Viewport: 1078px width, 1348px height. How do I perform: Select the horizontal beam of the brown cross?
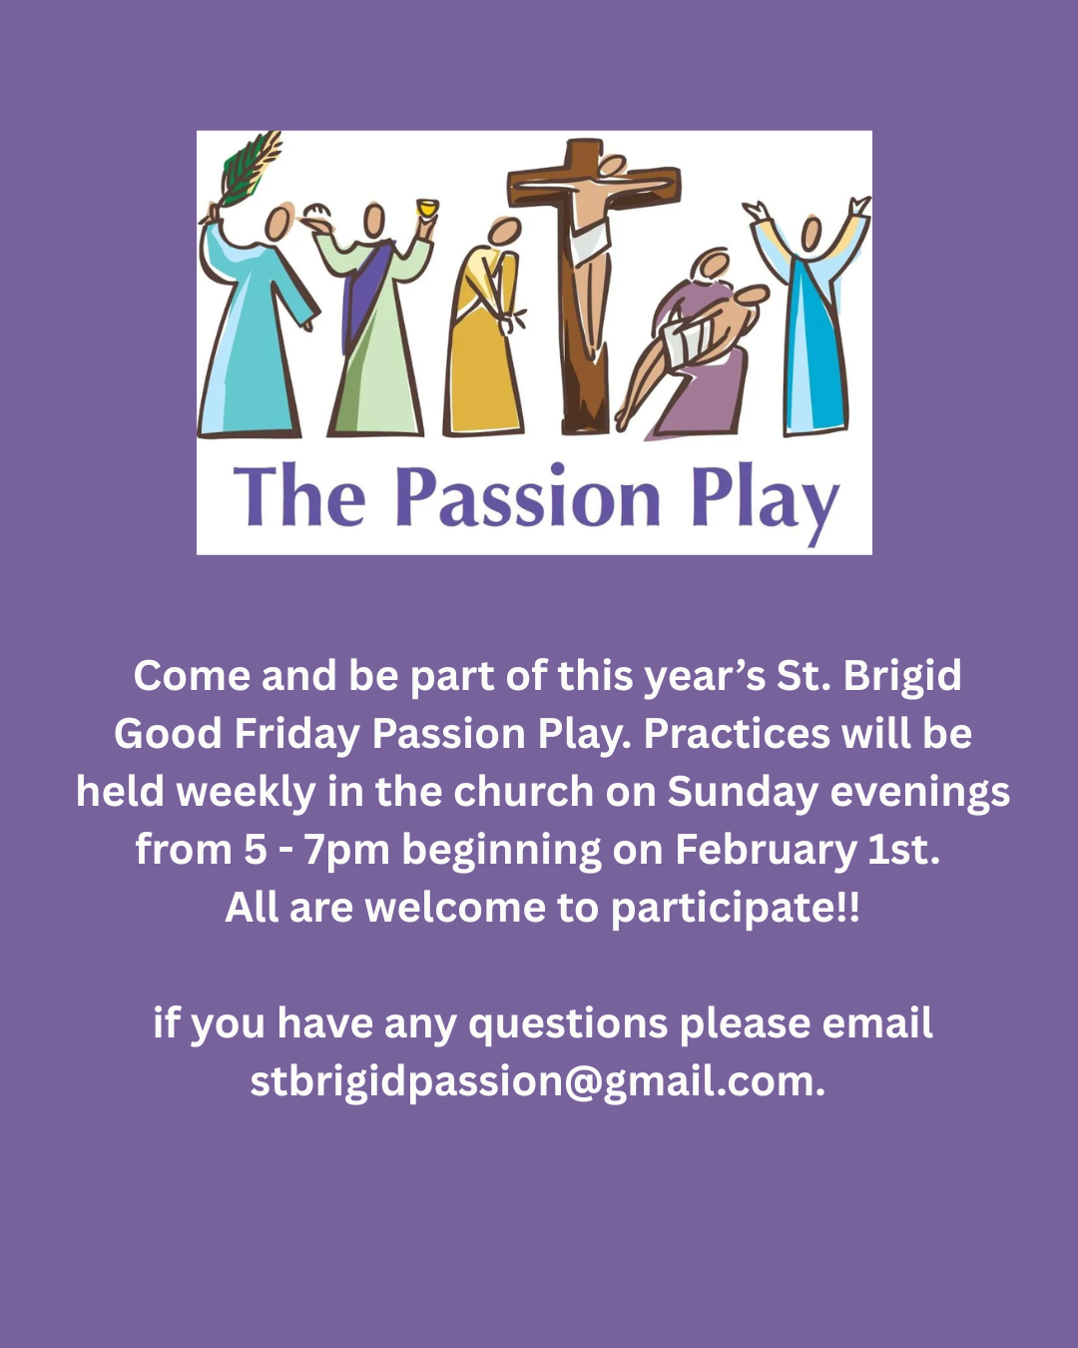click(x=593, y=184)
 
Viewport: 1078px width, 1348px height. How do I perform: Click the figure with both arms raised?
click(x=810, y=320)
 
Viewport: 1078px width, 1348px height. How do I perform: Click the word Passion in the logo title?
click(x=527, y=498)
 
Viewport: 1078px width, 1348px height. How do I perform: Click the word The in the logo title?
click(x=299, y=498)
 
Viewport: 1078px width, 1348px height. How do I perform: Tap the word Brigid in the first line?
click(x=902, y=677)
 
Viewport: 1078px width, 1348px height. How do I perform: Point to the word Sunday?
click(x=743, y=793)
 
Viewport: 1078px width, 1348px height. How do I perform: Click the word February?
click(x=765, y=851)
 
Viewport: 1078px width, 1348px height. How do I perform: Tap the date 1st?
click(x=903, y=851)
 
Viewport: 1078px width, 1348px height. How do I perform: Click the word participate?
click(x=729, y=909)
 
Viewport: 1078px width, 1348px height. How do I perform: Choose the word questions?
click(x=568, y=1024)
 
